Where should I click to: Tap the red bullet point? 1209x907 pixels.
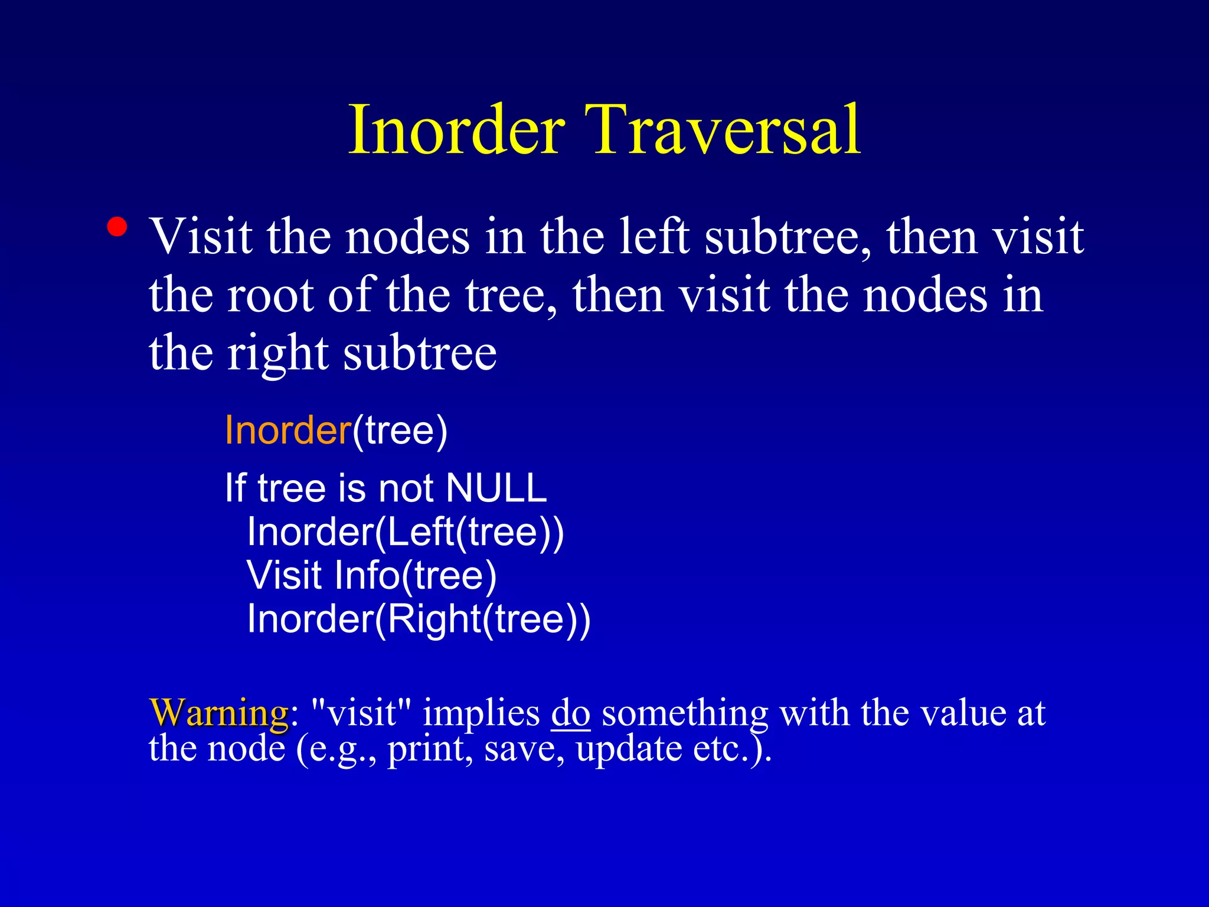[x=117, y=227]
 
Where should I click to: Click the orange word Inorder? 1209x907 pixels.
[x=288, y=430]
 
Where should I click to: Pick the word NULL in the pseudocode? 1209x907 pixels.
[x=496, y=488]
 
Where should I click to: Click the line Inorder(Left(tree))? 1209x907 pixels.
[x=405, y=532]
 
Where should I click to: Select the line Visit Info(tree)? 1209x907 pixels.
[x=371, y=575]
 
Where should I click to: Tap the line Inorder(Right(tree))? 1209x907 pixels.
[x=418, y=619]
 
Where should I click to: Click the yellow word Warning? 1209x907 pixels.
[x=219, y=713]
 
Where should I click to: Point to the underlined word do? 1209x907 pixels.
[x=570, y=713]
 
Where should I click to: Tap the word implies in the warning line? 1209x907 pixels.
[x=481, y=713]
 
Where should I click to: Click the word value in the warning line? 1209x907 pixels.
[x=963, y=713]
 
